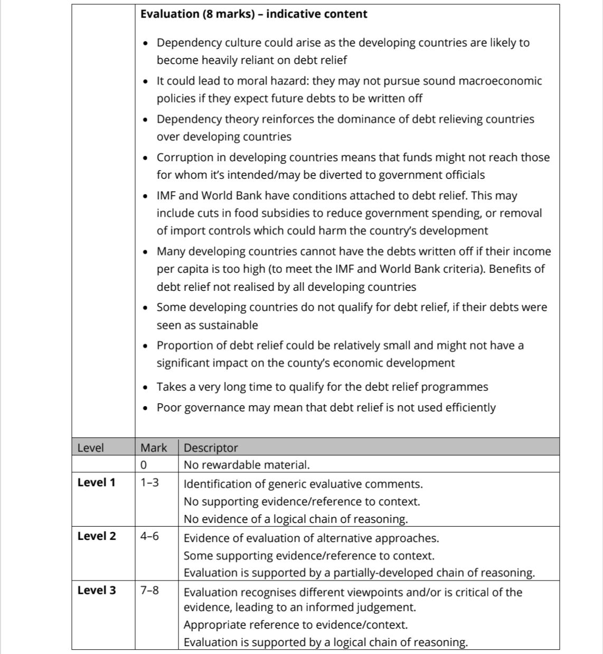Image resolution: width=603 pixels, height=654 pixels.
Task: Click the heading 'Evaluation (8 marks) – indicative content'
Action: pos(253,14)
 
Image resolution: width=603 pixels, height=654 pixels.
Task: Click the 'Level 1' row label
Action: pos(96,482)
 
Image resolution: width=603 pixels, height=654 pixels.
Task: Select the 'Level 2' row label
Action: pos(96,536)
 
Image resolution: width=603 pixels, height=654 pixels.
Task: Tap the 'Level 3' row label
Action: pos(96,591)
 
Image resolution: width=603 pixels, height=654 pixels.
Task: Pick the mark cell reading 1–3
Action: pos(149,482)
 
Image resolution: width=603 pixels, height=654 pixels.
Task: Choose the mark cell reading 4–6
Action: pos(149,536)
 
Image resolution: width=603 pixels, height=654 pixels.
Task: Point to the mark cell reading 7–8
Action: pos(149,591)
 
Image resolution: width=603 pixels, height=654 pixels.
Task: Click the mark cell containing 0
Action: pos(144,465)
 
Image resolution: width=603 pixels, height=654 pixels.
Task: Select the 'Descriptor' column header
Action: pos(211,448)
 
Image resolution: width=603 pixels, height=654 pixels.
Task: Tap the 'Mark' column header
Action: pos(153,448)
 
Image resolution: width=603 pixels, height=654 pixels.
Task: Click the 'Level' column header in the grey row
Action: pos(90,448)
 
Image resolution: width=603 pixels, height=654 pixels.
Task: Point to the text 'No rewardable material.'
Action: pos(247,465)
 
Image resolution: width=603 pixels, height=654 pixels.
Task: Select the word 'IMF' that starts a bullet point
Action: pos(166,196)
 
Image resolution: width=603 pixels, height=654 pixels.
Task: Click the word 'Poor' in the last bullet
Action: pos(169,408)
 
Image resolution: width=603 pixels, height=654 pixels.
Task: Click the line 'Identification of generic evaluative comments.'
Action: pos(303,484)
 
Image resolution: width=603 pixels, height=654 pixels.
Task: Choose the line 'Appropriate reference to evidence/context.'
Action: pos(296,625)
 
